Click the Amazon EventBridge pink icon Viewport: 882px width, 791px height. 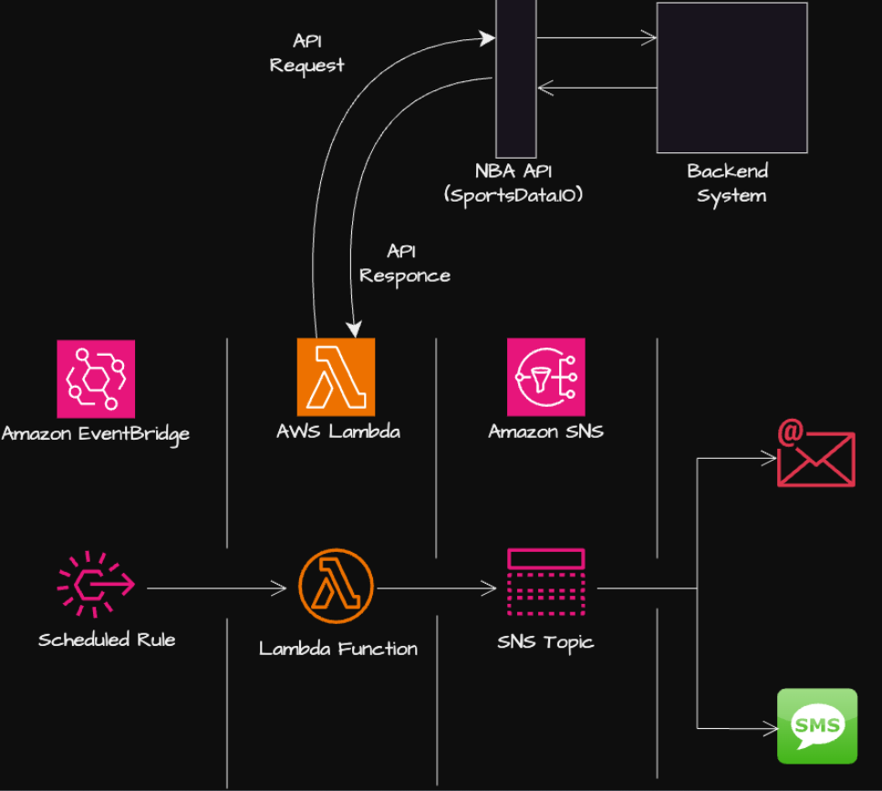[96, 379]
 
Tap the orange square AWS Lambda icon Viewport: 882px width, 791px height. [336, 377]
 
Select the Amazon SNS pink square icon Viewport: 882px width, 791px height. [545, 377]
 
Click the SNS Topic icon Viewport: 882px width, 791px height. [545, 584]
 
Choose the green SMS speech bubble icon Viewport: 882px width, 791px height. [816, 725]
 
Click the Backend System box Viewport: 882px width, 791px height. [732, 78]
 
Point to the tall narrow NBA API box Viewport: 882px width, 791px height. [515, 78]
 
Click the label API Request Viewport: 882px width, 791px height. [307, 53]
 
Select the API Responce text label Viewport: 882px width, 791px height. [404, 264]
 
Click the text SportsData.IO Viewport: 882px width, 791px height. [514, 195]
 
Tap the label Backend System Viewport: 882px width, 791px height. [728, 183]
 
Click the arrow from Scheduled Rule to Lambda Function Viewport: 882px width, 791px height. [216, 589]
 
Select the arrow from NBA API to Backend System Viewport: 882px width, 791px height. [596, 38]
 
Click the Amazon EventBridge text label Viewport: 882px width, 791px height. [96, 433]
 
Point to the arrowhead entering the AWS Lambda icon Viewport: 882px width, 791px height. [355, 329]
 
